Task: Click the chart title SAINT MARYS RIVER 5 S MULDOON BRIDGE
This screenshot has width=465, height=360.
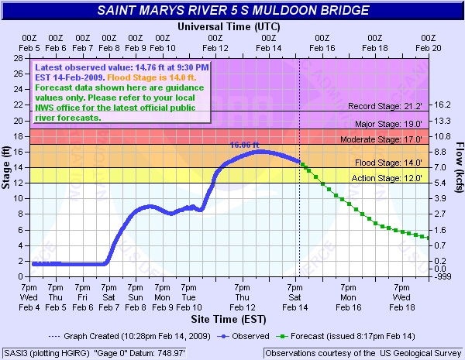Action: coord(232,11)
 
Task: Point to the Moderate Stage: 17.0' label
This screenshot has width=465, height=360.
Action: coord(391,140)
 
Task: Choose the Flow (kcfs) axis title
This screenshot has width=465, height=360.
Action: coord(459,167)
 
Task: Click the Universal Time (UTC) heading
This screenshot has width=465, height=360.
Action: coord(229,26)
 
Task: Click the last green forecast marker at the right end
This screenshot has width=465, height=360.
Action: coord(428,238)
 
